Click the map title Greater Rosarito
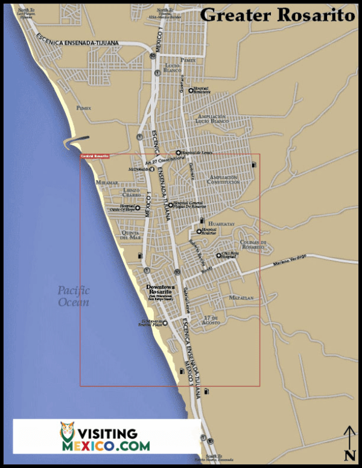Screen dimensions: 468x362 [278, 15]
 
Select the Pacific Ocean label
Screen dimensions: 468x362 [74, 296]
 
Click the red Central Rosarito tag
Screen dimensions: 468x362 [95, 156]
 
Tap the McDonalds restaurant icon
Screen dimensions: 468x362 [152, 169]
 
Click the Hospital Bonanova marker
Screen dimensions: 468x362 [191, 90]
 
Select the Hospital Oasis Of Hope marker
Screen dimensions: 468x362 [138, 208]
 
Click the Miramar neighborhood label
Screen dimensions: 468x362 [107, 182]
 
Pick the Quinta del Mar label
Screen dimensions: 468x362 [131, 235]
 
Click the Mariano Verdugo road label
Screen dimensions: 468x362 [289, 260]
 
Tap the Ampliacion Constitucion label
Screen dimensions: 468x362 [223, 180]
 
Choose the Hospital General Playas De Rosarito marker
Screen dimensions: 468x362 [171, 205]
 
